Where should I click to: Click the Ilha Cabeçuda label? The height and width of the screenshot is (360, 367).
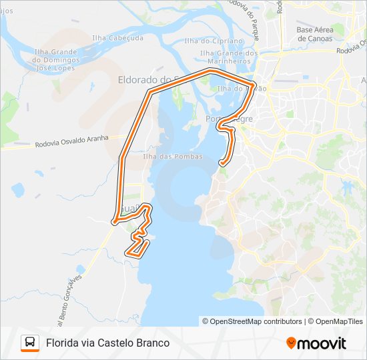tap(117, 38)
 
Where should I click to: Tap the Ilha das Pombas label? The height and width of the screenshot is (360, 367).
tap(163, 156)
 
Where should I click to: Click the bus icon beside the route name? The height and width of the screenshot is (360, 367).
tap(30, 343)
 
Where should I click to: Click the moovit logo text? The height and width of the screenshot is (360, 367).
tap(322, 343)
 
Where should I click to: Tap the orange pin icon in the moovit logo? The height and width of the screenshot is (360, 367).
tap(291, 343)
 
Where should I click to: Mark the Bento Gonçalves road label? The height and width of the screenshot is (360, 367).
tap(69, 294)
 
